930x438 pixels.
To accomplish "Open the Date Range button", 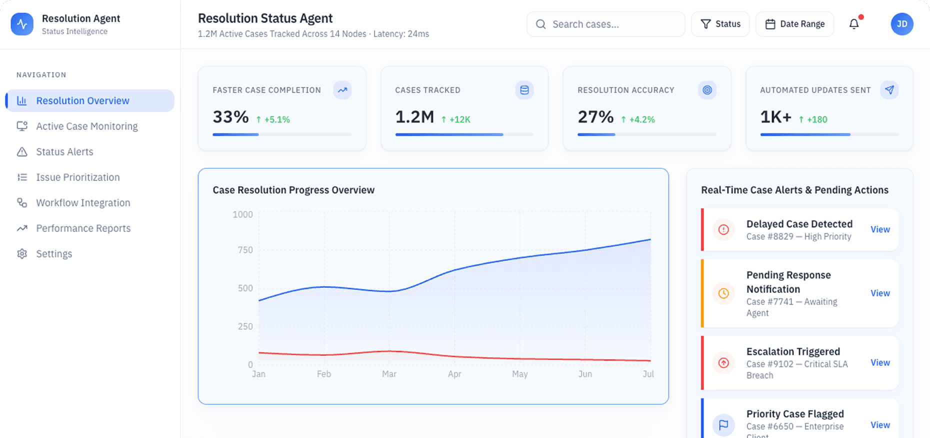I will point(794,24).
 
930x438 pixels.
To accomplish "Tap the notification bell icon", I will point(854,24).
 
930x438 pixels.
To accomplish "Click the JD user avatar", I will point(901,24).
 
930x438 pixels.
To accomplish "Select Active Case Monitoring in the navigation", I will point(86,126).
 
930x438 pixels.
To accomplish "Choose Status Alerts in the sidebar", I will point(64,152).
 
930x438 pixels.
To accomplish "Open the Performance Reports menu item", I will point(83,228).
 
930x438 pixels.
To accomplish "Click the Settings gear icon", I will point(22,254).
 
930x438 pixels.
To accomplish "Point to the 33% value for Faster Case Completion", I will point(230,117).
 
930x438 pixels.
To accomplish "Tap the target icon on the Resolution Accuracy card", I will point(707,90).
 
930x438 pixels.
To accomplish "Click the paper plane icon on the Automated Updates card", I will point(889,90).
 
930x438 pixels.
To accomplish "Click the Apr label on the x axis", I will point(454,374).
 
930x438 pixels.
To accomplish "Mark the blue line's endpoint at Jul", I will point(650,239).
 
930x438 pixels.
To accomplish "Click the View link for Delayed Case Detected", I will point(880,229).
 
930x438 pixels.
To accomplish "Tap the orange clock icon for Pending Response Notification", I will point(723,293).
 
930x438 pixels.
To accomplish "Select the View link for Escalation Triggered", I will point(880,363).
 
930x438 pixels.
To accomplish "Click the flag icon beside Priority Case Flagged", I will point(723,425).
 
